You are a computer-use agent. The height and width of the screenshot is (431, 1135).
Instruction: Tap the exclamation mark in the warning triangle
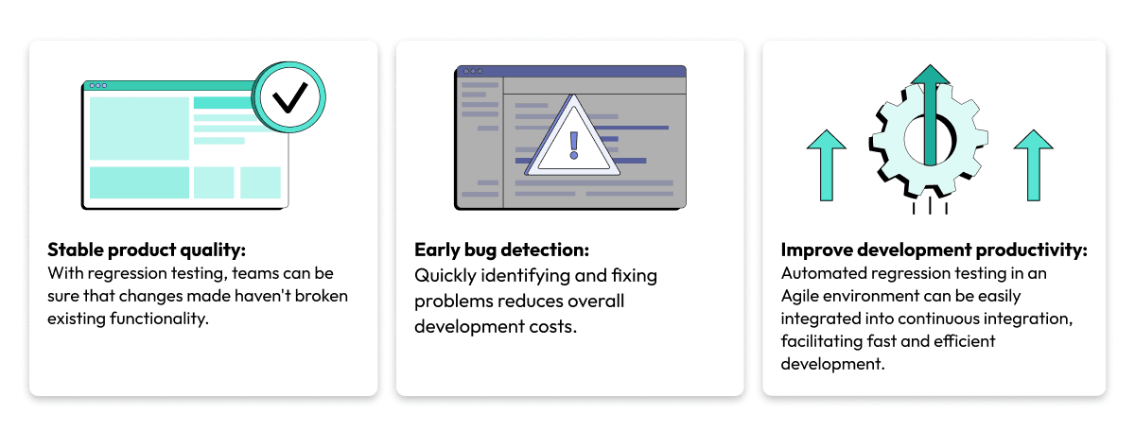[x=572, y=144]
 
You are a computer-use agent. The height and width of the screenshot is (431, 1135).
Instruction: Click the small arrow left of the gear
[x=826, y=164]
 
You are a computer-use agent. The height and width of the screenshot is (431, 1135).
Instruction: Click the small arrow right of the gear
[x=1033, y=164]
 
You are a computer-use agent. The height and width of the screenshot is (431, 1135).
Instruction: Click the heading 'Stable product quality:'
[x=147, y=250]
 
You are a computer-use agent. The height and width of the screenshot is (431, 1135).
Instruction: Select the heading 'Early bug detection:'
[x=501, y=250]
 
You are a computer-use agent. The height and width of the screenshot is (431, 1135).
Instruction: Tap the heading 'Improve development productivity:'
[x=934, y=250]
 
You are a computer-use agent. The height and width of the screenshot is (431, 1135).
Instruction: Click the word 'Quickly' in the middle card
[x=444, y=276]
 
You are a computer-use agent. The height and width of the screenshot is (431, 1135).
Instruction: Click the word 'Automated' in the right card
[x=819, y=273]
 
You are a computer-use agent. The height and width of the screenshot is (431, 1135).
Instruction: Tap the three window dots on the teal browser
[x=97, y=86]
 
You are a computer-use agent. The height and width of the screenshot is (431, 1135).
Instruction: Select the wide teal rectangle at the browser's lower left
[x=138, y=182]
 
